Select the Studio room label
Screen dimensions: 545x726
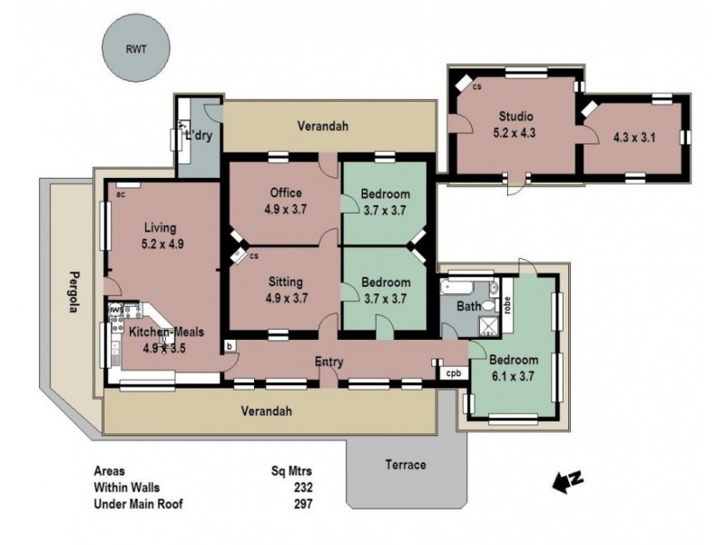click(515, 116)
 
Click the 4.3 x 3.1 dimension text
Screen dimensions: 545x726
click(634, 138)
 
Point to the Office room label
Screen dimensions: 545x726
click(286, 193)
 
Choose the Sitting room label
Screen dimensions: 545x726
click(285, 282)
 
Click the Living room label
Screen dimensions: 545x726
click(159, 227)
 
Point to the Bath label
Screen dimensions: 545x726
click(467, 307)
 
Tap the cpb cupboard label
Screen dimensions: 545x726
click(451, 372)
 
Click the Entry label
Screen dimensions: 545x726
click(329, 362)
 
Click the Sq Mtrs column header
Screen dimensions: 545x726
click(291, 471)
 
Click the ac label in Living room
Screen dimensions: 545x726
click(120, 193)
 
